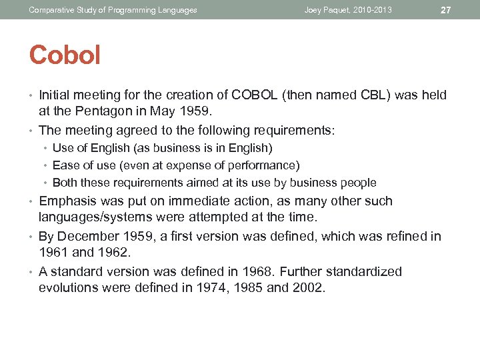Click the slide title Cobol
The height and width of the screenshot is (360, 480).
[65, 55]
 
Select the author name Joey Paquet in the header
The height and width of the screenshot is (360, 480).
[327, 10]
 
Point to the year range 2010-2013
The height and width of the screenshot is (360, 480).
[373, 10]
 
